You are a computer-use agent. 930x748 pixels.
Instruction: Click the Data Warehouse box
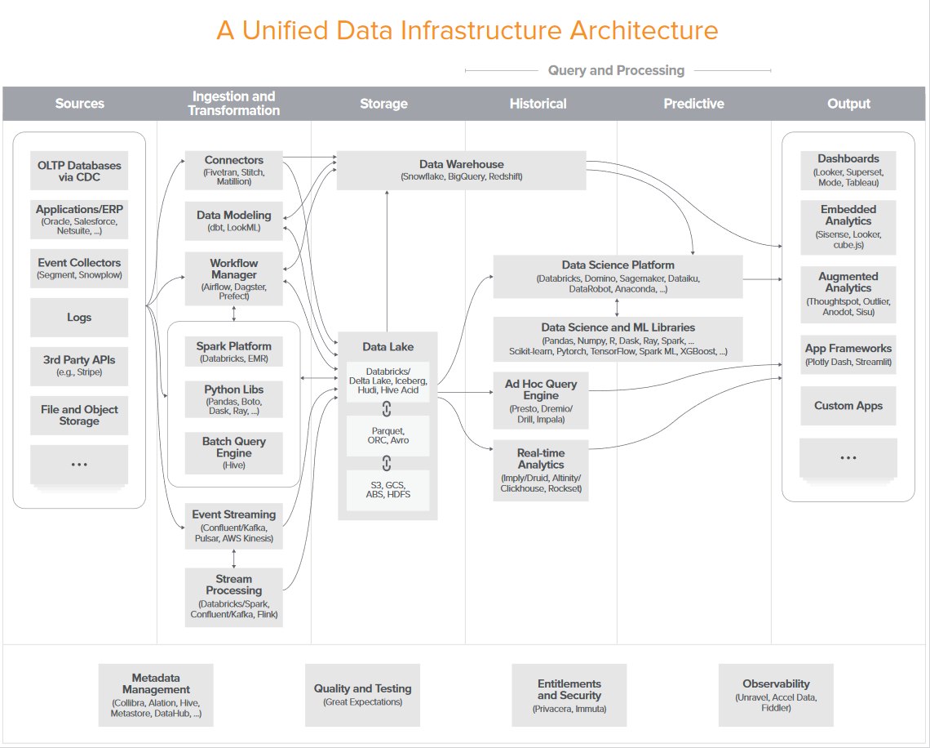[x=461, y=171]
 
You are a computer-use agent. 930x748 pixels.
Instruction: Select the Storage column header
[x=383, y=104]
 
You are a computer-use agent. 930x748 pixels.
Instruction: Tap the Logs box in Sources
[x=79, y=317]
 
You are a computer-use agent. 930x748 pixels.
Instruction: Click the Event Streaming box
[x=233, y=526]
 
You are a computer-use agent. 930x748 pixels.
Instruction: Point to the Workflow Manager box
[x=233, y=278]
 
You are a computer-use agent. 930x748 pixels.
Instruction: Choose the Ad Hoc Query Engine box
[x=541, y=401]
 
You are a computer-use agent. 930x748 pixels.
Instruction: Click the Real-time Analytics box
[x=541, y=470]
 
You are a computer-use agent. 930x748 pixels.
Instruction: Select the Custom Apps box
[x=848, y=406]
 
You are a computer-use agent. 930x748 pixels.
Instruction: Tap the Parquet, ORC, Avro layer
[x=387, y=436]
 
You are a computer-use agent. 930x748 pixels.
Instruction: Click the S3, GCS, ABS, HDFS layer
[x=387, y=490]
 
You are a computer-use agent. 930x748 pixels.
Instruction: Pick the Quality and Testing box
[x=362, y=695]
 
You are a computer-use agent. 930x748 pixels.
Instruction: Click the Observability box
[x=776, y=695]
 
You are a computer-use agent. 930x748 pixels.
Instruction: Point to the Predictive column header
[x=694, y=104]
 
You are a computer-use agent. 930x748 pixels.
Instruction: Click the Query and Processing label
[x=616, y=71]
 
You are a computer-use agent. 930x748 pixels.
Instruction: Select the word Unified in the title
[x=286, y=30]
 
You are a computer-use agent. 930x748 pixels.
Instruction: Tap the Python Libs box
[x=233, y=399]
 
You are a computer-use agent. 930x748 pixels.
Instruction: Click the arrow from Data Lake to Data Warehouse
[x=387, y=261]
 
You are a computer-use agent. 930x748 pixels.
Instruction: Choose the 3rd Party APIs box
[x=79, y=366]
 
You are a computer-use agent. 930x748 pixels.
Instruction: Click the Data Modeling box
[x=233, y=220]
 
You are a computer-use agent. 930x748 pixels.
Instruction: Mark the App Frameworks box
[x=848, y=354]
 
